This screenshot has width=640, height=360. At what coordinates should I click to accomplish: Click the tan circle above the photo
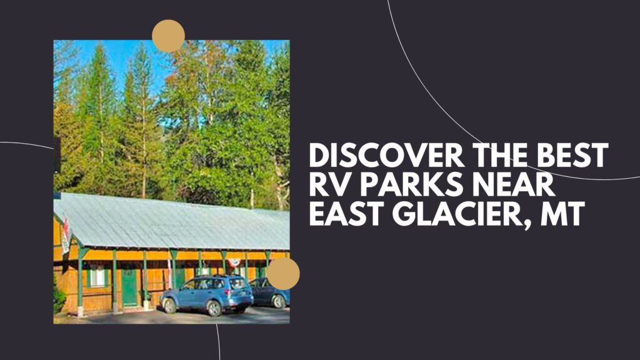[x=168, y=36]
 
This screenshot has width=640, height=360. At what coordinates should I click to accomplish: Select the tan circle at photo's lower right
[x=283, y=274]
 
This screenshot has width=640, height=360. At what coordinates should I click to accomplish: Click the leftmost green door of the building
[x=129, y=287]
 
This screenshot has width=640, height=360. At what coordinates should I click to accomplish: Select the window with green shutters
[x=97, y=276]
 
